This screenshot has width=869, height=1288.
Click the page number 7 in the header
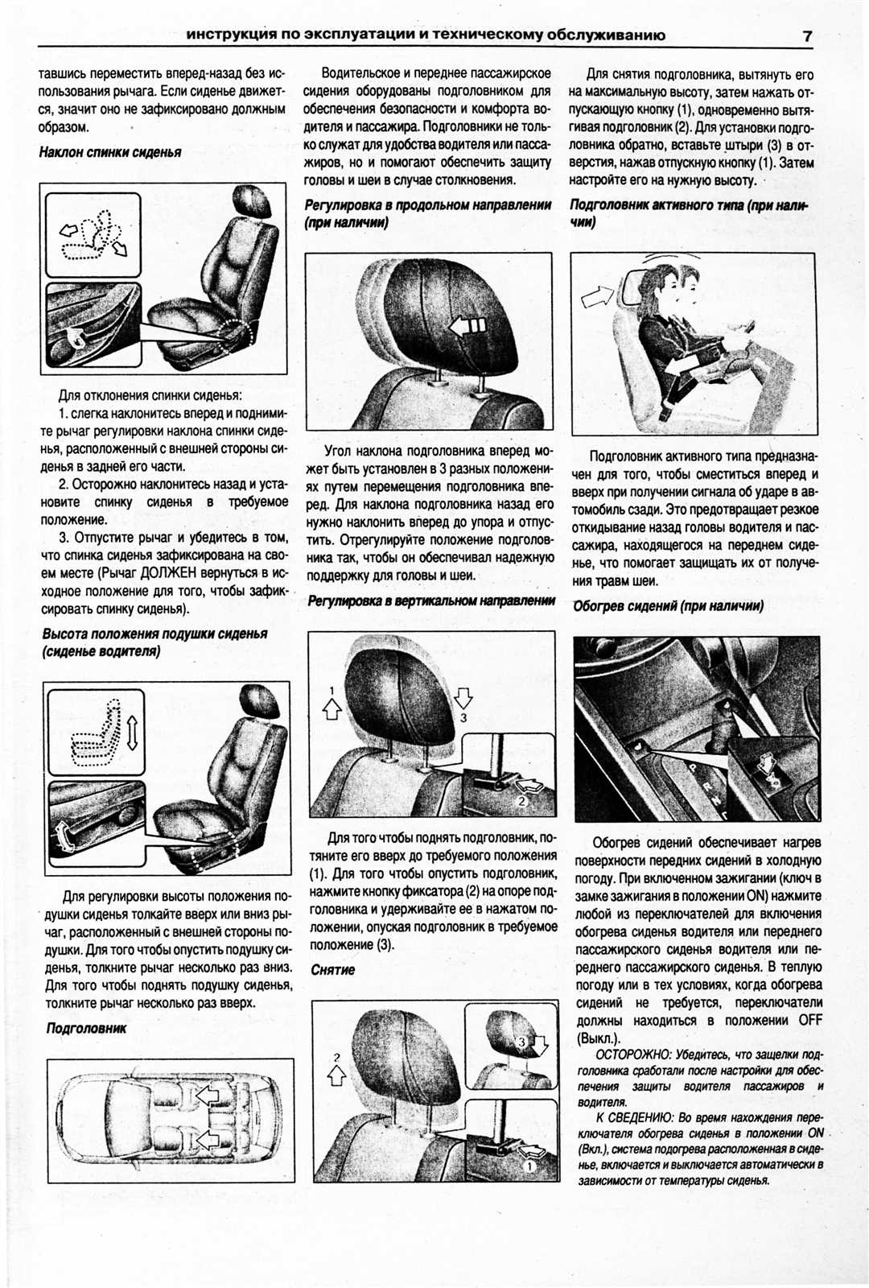(x=806, y=35)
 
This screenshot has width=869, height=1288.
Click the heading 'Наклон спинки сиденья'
(x=110, y=152)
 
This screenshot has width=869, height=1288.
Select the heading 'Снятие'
(x=332, y=970)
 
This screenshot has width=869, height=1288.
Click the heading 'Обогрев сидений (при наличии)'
(x=668, y=606)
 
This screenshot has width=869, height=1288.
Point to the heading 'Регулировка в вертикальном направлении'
(x=431, y=601)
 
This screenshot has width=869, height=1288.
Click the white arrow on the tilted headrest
(x=466, y=326)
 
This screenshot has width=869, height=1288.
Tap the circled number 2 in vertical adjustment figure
(x=521, y=801)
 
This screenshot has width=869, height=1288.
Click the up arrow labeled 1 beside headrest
(x=332, y=707)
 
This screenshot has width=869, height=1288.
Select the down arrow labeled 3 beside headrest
(x=463, y=699)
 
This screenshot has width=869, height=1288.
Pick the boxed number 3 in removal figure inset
(x=521, y=1042)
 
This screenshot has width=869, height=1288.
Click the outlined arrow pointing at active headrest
(x=596, y=297)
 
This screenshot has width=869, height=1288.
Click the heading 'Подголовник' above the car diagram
(x=86, y=1028)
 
